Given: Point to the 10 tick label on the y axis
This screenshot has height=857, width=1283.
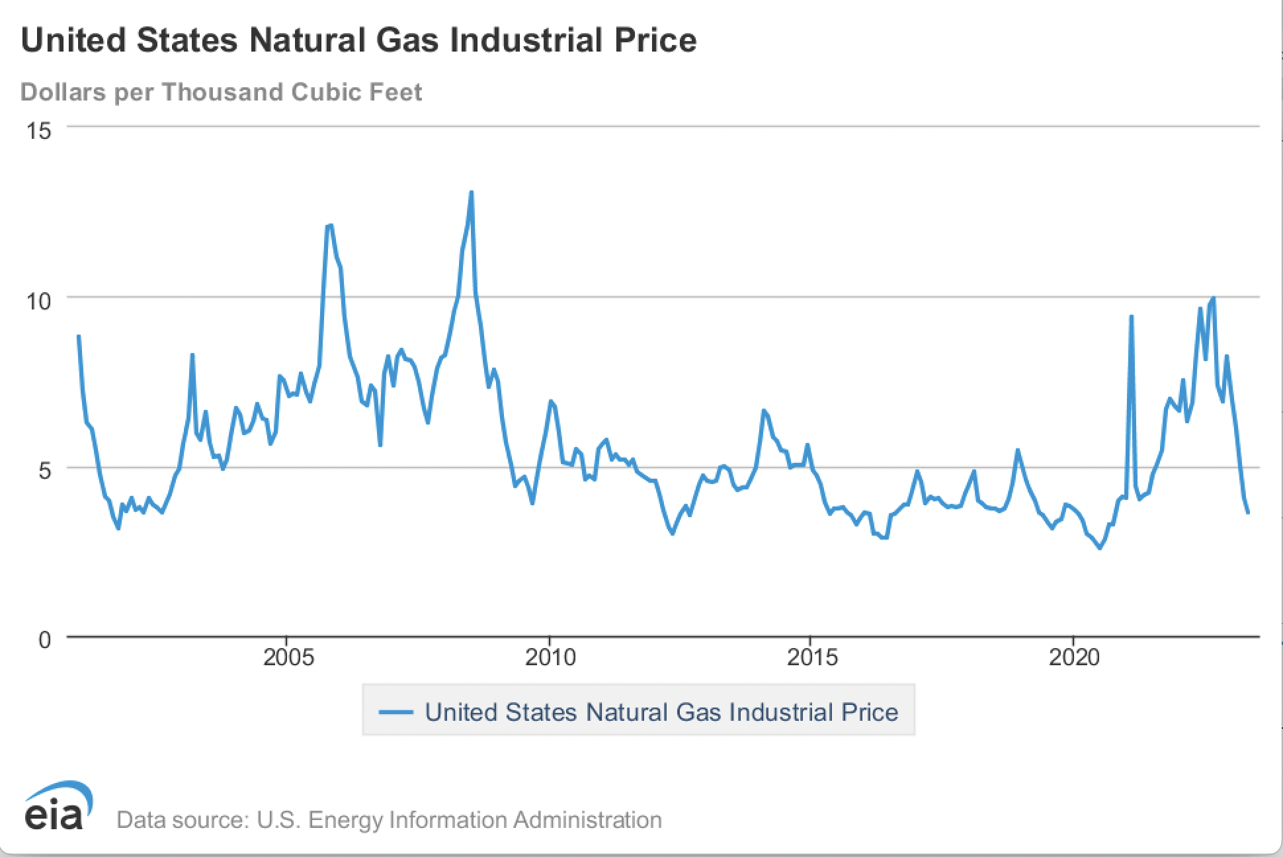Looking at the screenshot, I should pyautogui.click(x=38, y=302).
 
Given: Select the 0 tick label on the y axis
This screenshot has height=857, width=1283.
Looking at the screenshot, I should pyautogui.click(x=44, y=640).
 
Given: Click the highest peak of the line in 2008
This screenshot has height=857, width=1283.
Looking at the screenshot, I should pyautogui.click(x=471, y=192).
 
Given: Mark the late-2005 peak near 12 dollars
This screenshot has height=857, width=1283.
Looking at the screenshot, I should pyautogui.click(x=329, y=226).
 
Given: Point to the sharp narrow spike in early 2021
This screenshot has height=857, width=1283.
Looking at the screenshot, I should pyautogui.click(x=1131, y=317).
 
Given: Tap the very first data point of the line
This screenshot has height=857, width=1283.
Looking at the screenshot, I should pyautogui.click(x=79, y=336).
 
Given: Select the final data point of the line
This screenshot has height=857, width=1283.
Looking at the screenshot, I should pyautogui.click(x=1248, y=512).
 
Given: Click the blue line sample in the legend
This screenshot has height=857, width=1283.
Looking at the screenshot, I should pyautogui.click(x=396, y=712).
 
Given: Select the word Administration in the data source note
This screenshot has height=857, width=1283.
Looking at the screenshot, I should pyautogui.click(x=587, y=820).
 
